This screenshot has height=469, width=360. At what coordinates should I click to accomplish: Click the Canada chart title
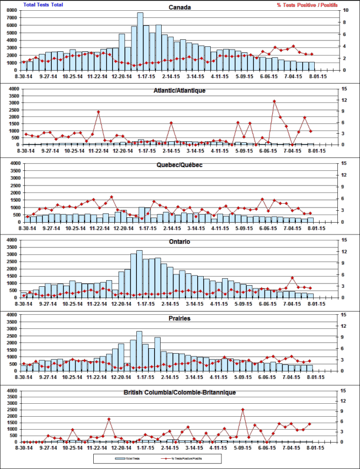pos(179,8)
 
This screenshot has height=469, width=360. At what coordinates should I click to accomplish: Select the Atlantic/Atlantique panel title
pos(179,90)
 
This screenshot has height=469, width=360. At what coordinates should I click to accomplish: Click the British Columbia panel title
pos(179,392)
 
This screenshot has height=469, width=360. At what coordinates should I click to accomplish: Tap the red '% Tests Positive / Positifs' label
pos(307,4)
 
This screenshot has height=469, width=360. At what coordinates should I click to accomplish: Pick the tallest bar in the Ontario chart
pos(140,274)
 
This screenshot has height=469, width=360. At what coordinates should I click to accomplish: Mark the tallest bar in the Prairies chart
pos(140,351)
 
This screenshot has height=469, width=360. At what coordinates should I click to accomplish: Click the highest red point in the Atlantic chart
pos(274,101)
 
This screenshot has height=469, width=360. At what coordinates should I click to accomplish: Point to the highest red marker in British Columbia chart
pos(243,410)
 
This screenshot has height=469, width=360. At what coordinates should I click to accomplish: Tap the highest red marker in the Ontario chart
pos(292,278)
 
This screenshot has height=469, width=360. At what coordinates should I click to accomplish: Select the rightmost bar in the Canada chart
pos(311,66)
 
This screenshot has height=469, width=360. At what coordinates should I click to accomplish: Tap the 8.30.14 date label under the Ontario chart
pos(24,303)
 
